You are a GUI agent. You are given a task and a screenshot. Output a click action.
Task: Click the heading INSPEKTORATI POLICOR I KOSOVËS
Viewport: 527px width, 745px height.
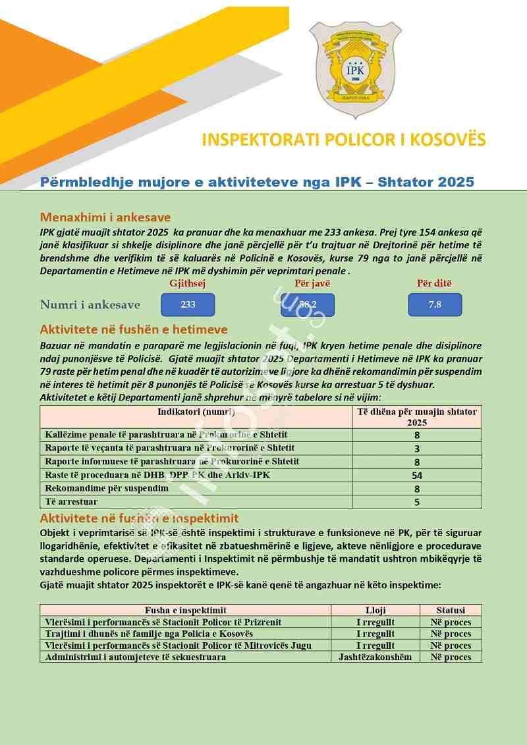pos(343,140)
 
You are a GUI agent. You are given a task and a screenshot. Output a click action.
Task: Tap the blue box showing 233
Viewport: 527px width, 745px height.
pos(188,304)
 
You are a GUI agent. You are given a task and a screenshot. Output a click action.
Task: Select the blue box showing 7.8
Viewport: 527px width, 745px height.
pos(434,304)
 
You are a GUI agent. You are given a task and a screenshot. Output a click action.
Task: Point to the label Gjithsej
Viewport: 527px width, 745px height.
pos(188,283)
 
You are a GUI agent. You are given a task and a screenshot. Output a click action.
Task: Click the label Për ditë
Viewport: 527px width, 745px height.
pos(434,283)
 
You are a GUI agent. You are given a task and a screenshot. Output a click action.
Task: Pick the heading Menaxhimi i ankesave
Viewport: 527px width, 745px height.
pos(105,217)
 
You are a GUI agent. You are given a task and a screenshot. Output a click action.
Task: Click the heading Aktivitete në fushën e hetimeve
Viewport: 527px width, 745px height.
pos(134,329)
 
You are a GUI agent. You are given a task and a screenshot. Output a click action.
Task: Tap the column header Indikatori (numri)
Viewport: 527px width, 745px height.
pos(196,412)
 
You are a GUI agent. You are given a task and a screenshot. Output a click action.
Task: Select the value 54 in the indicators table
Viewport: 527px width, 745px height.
pos(417,475)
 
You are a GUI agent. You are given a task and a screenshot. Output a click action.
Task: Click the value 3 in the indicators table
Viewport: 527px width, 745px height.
pos(417,449)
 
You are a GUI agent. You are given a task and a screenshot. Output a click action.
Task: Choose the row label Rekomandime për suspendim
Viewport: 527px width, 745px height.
pos(106,488)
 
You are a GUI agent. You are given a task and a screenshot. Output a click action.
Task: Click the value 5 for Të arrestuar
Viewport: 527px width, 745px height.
pos(417,502)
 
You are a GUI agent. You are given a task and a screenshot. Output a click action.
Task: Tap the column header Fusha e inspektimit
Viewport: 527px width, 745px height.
pos(185,610)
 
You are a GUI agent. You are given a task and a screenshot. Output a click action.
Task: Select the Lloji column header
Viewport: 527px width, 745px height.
pos(375,610)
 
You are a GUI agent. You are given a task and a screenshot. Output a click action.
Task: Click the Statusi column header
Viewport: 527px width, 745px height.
pos(451,610)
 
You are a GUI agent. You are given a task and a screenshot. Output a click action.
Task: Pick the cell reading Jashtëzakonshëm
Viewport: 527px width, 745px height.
pos(375,657)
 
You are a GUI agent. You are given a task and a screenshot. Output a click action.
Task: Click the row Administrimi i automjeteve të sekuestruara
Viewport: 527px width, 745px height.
pos(135,657)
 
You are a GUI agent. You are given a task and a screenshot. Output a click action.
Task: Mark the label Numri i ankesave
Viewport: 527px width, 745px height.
pos(90,304)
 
